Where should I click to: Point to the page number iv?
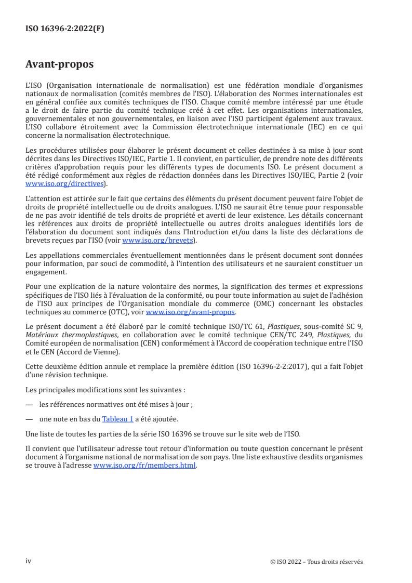pos(29,561)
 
